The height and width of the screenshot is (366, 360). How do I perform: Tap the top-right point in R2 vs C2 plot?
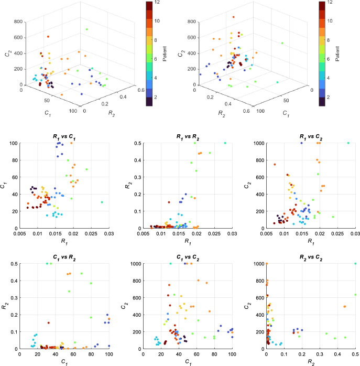pyautogui.click(x=355, y=263)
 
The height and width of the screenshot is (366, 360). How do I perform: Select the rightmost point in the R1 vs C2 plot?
pyautogui.click(x=348, y=143)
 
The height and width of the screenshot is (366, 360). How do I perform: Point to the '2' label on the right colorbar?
pyautogui.click(x=329, y=98)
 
